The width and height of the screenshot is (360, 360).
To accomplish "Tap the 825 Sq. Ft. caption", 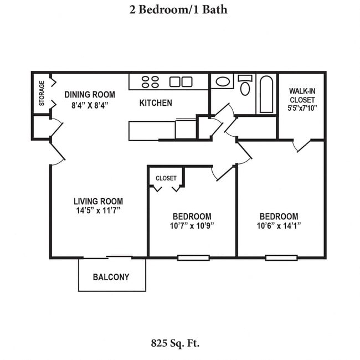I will [175, 343].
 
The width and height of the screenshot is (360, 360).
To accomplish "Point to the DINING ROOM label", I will [90, 94].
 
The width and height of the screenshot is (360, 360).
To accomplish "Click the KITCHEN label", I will [155, 103].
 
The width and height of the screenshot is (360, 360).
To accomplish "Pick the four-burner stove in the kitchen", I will [150, 82].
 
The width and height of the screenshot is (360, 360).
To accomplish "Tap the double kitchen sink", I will [181, 82].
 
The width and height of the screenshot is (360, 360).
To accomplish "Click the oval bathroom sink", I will [223, 82].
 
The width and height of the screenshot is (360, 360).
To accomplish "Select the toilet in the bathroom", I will [245, 86].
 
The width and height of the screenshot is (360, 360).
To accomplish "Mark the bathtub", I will [266, 94].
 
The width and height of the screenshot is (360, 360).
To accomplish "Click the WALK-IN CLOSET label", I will [302, 95].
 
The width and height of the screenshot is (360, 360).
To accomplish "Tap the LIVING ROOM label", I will [99, 201].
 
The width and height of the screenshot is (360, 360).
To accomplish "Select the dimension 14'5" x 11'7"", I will [99, 210].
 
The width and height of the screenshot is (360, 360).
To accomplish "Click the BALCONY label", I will [111, 277].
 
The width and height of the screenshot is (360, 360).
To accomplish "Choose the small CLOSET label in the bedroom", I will [166, 178].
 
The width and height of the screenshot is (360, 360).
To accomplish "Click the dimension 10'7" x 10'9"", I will [192, 225].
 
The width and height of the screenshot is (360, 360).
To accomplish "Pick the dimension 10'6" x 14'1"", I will [279, 225].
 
